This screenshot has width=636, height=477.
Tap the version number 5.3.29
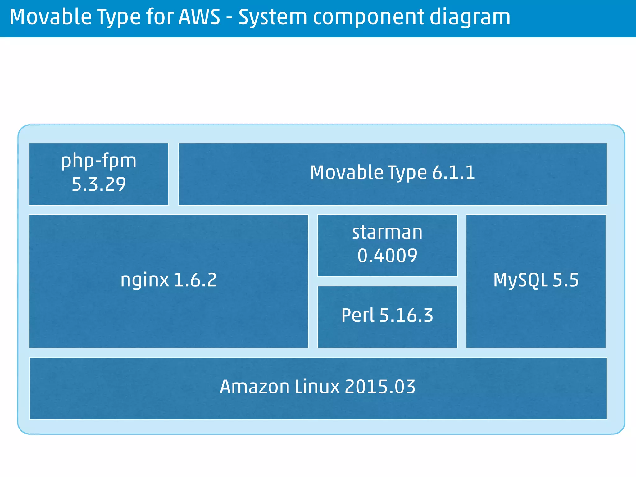pos(99,184)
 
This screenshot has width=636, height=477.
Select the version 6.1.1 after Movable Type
pos(453,173)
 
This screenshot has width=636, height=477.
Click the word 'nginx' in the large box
pos(145,280)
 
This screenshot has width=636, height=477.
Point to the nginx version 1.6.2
pos(195,280)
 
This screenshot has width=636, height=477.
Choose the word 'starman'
pos(387,232)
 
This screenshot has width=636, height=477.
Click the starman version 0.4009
pos(387,256)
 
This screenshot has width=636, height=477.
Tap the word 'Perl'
pos(358,316)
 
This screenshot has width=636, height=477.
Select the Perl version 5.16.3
pos(406,316)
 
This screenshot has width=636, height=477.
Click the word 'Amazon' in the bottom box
pos(254,387)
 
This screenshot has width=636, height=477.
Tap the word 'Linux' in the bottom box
pos(317,387)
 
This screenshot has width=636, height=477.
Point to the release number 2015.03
pos(380,387)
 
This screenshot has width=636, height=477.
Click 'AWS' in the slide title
pos(199,17)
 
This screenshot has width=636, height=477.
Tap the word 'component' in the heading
pos(368,17)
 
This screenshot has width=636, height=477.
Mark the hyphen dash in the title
pos(229,18)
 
